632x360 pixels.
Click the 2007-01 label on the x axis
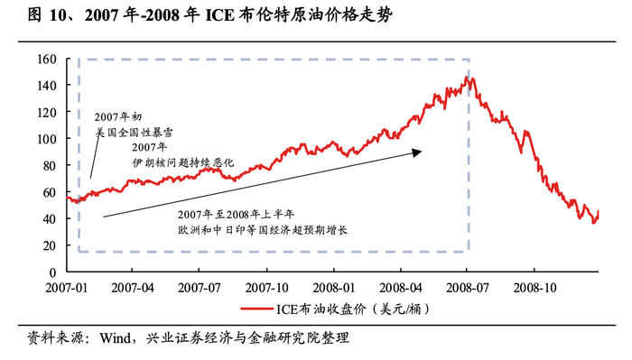pyautogui.click(x=68, y=291)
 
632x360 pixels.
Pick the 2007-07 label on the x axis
pyautogui.click(x=200, y=291)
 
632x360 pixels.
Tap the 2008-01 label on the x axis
pyautogui.click(x=334, y=291)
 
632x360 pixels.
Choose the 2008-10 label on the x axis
pyautogui.click(x=533, y=291)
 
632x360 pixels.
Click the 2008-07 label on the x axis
pyautogui.click(x=467, y=291)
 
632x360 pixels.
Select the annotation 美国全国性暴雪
pyautogui.click(x=134, y=132)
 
